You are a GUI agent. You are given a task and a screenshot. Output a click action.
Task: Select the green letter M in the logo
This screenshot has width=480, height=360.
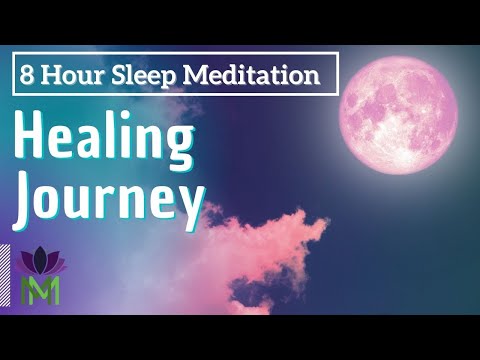[41, 289]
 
